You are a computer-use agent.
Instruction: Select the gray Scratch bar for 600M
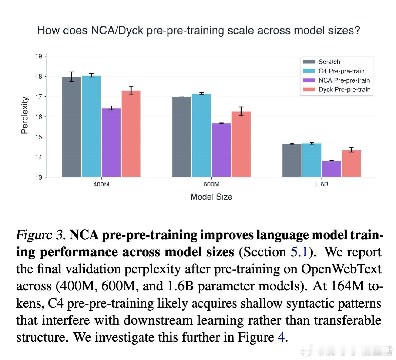click(181, 137)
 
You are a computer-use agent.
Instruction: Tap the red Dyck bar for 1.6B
click(351, 164)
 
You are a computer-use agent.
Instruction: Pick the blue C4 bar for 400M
click(91, 126)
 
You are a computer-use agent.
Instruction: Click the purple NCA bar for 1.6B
click(331, 169)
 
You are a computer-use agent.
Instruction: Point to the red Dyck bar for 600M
click(241, 144)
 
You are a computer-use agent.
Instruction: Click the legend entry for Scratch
click(329, 62)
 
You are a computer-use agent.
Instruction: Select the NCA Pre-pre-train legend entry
click(344, 80)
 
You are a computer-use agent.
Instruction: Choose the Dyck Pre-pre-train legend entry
click(344, 90)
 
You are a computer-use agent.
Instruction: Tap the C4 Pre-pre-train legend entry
click(341, 71)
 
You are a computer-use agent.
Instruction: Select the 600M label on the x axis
click(211, 184)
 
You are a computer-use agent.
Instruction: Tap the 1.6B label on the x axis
click(321, 184)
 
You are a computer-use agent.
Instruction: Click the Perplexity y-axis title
click(24, 115)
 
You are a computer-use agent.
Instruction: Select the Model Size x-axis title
click(211, 197)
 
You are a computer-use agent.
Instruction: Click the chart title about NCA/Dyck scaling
click(199, 31)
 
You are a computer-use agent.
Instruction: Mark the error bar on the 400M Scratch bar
click(71, 76)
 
